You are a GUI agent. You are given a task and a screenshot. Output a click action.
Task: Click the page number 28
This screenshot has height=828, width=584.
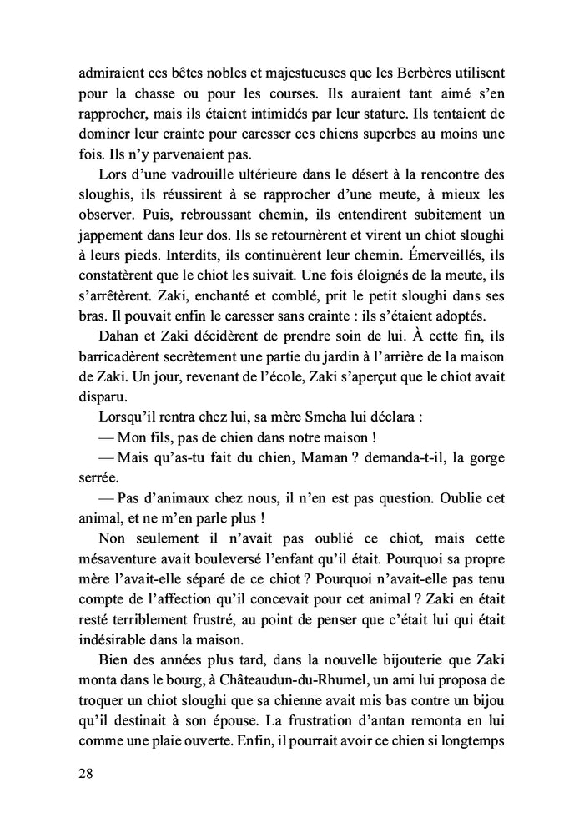click(x=86, y=774)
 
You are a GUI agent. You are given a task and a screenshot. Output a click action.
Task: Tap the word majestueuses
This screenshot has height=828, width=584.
click(x=281, y=73)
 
